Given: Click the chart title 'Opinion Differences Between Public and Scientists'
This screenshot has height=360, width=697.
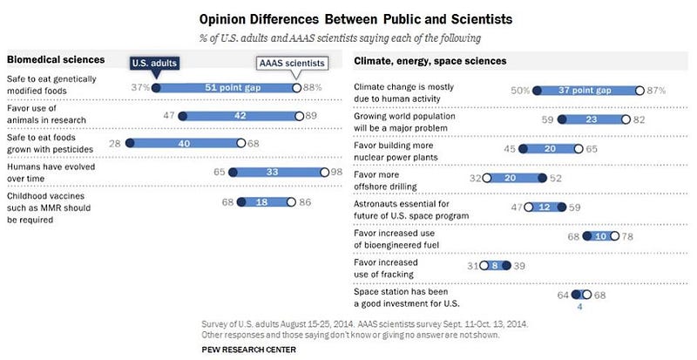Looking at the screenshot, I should pos(349,18).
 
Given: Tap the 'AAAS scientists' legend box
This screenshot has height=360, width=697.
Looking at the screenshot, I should pos(290,64).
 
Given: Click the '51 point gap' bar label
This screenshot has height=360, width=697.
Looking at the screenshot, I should pos(225,87).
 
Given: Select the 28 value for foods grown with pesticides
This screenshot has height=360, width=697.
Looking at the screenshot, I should pos(115,143).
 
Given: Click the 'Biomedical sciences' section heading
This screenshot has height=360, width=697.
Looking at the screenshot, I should pos(57,60).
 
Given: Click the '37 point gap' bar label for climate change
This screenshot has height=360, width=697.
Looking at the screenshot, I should pos(589,90).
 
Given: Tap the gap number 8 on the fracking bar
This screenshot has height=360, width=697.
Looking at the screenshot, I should pos(496,265).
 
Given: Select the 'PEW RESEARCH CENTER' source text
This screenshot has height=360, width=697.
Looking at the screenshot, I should pos(249,350).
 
